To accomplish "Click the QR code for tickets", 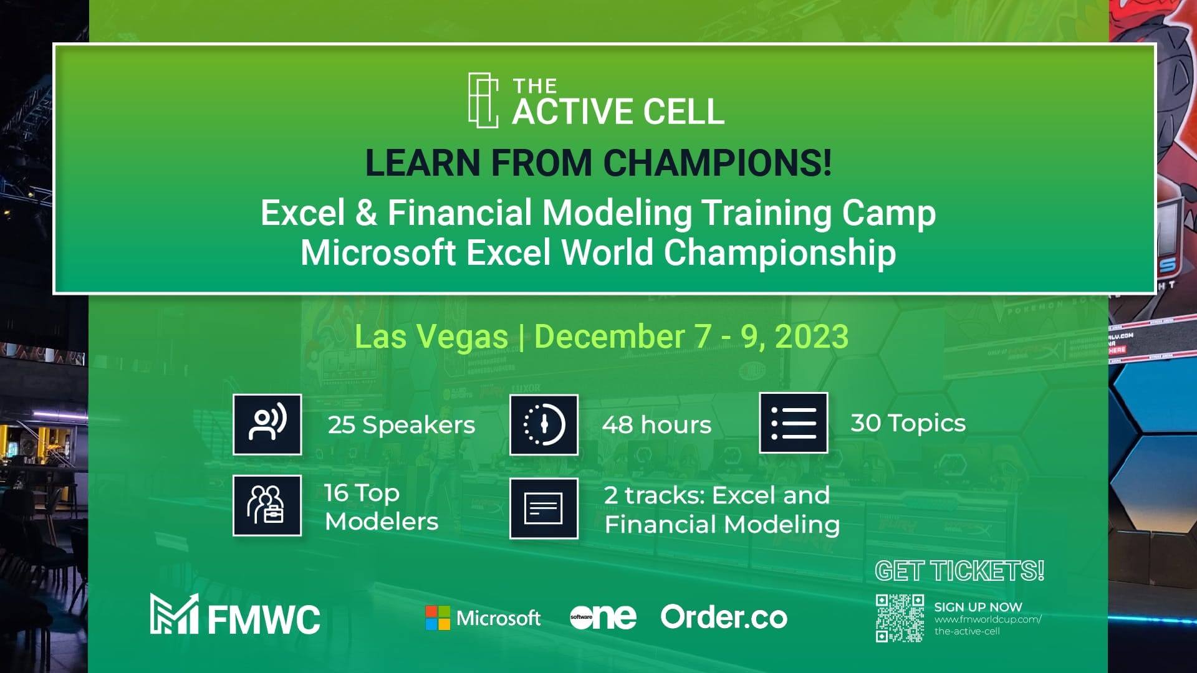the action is pos(900,618).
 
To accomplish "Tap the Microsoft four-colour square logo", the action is pos(438,618).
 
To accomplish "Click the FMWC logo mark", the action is pos(174,614).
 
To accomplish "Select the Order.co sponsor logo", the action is pos(724,617).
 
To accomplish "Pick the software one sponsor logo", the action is pos(603,617).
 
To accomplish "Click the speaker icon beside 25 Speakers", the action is pos(267,424).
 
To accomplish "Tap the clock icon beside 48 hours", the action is pos(544,424).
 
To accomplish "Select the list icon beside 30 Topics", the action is pos(794,422).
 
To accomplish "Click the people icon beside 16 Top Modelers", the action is pos(267,505).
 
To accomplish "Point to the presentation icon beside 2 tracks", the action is pos(544,508).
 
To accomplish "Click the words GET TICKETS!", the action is pos(959,571).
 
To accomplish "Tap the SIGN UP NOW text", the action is pos(978,607).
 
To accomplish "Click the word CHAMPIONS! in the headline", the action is pos(718,163).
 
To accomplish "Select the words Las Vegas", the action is pos(431,336).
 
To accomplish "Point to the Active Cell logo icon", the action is pos(483,100).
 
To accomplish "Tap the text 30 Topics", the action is pos(908,424).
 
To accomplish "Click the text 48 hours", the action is pos(656,425).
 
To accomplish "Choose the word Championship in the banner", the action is pos(779,253).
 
